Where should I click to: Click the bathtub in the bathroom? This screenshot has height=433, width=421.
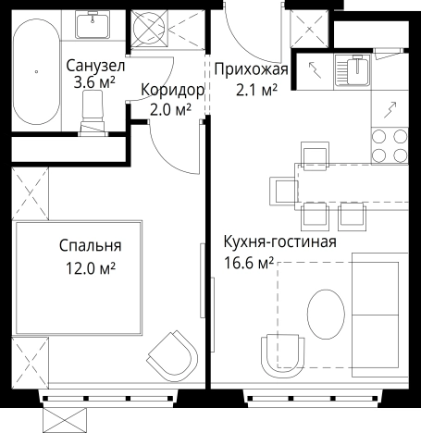point(36,69)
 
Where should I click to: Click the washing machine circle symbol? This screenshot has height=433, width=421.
point(148,28)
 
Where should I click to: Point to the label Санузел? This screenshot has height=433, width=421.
point(90,67)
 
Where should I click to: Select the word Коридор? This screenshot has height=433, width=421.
point(171,91)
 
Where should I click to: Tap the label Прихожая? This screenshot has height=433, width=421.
point(252,69)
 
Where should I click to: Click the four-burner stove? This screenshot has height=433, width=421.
point(390,144)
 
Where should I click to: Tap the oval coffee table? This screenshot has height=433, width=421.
point(325,315)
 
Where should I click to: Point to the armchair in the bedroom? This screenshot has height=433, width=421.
point(173,353)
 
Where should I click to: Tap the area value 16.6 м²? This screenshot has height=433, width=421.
point(249,265)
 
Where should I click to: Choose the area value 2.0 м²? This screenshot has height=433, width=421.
point(170,110)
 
